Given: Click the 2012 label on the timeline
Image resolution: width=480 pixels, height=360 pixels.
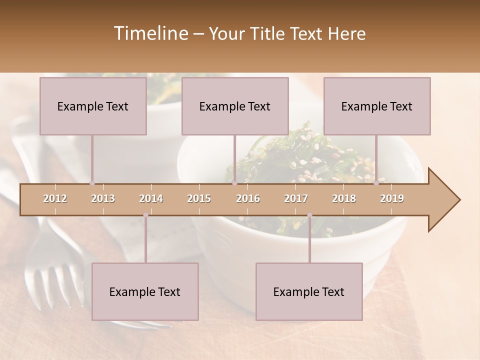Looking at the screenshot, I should pos(55,198).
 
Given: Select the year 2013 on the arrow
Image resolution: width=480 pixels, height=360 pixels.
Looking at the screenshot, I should pos(103,198).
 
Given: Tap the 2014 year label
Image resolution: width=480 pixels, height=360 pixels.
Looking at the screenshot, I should pos(151,198).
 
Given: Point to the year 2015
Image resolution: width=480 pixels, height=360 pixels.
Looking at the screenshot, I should pos(199,198).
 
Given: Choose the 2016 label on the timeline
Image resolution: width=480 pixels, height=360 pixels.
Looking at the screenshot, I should pos(248,198).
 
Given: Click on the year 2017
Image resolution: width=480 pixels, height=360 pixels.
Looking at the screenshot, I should pos(296,198).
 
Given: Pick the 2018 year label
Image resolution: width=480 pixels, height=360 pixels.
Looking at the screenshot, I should pos(344,198).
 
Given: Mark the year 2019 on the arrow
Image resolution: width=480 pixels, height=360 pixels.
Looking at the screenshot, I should pos(392,198).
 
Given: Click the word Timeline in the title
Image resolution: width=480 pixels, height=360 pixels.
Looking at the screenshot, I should pos(150,33).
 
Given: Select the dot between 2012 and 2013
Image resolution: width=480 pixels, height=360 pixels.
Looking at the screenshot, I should pos(92,183).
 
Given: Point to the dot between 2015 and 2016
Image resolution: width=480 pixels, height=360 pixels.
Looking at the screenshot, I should pos(234,183).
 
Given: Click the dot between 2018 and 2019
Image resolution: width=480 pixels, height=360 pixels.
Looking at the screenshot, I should pos(376,183).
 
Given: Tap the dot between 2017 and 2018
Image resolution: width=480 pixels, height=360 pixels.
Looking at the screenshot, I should pos(309,215).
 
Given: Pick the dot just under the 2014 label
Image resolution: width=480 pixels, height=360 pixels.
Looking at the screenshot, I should pos(145,215).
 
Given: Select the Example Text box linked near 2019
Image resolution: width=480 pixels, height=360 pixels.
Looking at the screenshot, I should pos(377,106).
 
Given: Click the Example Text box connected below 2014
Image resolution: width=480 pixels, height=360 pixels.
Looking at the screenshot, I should pos(145,291).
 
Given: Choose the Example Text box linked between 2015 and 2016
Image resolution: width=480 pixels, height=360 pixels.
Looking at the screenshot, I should pos(235,106).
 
